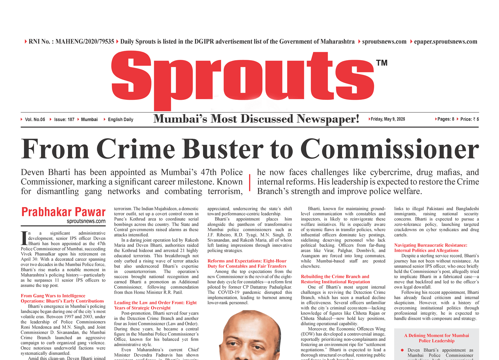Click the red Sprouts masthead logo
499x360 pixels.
[243, 78]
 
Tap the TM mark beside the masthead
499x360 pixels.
[382, 63]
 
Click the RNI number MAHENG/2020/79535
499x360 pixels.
[85, 41]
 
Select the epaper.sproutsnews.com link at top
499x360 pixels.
[445, 41]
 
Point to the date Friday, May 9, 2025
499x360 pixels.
[388, 119]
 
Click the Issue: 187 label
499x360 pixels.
[64, 119]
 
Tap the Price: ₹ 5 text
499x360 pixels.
[469, 119]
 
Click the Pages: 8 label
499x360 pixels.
[446, 119]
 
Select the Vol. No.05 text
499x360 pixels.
[35, 119]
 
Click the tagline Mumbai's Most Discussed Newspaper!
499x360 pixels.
[256, 119]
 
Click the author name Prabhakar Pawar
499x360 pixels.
[63, 212]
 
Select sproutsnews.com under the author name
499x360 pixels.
[86, 221]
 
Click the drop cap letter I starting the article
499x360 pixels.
[24, 238]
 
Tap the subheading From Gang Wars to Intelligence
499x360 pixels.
[53, 296]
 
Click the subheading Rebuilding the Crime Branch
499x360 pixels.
[335, 276]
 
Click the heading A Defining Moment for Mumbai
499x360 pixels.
[436, 335]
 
